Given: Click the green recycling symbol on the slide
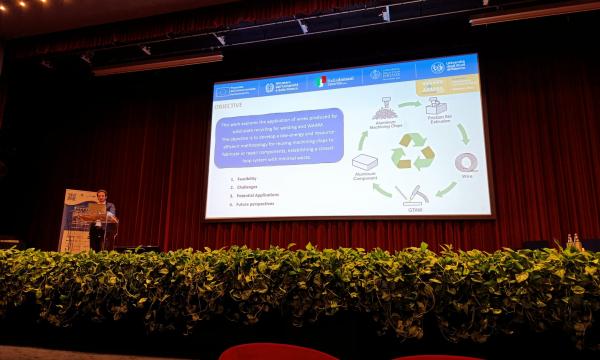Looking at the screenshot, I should coord(412,152).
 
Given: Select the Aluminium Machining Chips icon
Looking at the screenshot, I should coord(384,111).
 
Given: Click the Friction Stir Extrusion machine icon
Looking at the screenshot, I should coord(436,108).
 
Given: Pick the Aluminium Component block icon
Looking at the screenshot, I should coord(365,163).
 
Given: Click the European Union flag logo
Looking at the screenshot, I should coord(223,91).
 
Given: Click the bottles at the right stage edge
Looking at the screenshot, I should coord(573,242).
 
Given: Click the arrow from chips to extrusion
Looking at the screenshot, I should coord(410,103).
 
